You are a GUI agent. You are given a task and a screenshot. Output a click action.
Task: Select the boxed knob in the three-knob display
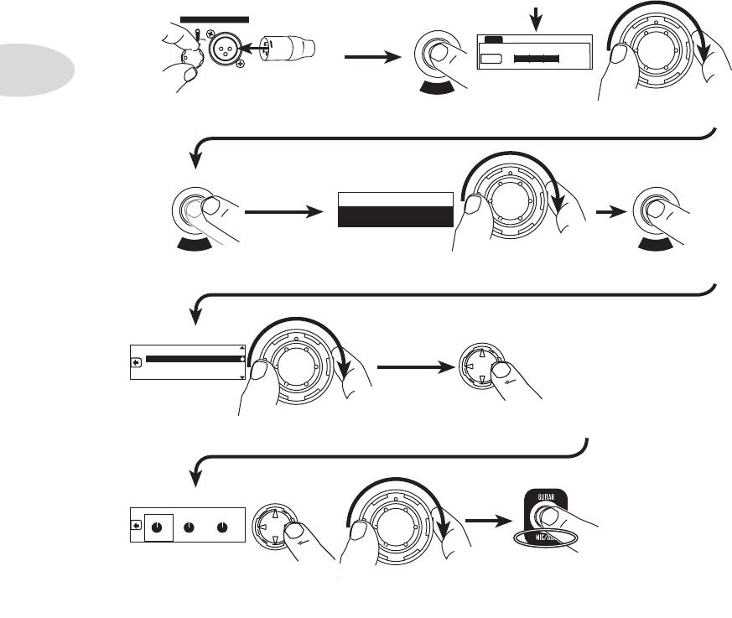(x=158, y=528)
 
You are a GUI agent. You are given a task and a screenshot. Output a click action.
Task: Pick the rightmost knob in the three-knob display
(x=221, y=528)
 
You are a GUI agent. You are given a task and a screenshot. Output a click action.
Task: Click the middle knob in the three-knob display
(x=189, y=528)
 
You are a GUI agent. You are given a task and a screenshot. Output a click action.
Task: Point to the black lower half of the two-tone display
(x=394, y=217)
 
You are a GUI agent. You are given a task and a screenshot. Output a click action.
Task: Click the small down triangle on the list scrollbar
(x=242, y=377)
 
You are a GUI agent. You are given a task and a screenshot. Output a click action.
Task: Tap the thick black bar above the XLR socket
(x=215, y=18)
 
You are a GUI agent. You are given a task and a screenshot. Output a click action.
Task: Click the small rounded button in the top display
(x=494, y=59)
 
